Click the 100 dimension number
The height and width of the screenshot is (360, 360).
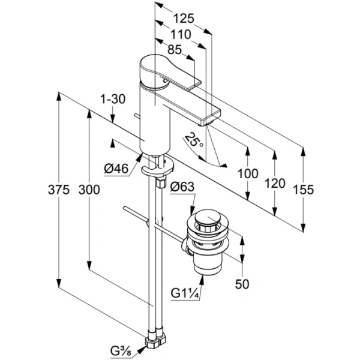[247, 174]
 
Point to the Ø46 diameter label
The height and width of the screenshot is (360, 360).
[117, 170]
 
